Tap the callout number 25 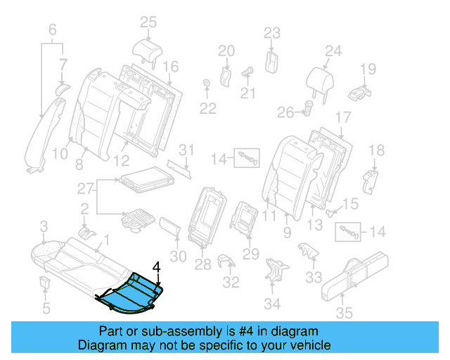coord(147,23)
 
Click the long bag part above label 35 coord(358,275)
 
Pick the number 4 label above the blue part coord(157,266)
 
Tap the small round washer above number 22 coord(207,85)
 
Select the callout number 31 coord(185,149)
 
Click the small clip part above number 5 coord(44,282)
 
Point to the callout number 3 coord(43,226)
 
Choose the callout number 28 coord(203,264)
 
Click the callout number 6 coord(52,30)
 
